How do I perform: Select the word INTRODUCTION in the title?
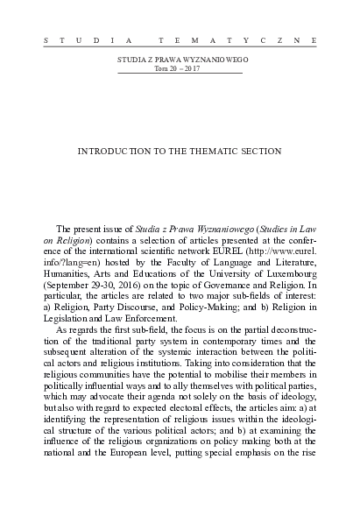coord(115,151)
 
